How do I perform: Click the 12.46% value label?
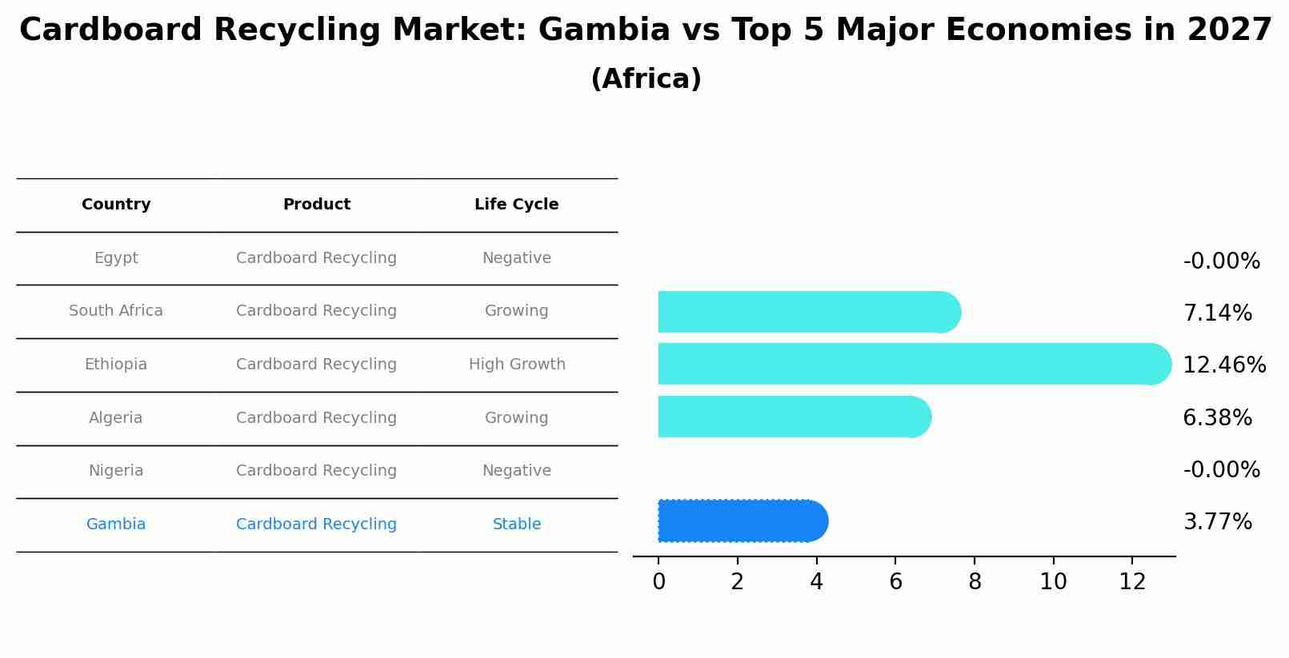click(1223, 365)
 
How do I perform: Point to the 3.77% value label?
click(1217, 522)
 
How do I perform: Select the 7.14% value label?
click(1217, 313)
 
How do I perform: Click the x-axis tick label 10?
click(1053, 582)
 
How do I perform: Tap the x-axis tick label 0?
click(659, 582)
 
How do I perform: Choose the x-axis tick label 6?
click(895, 582)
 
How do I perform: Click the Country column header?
click(116, 205)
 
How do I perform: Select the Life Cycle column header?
click(516, 205)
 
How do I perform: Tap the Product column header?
click(316, 205)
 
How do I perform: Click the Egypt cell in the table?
click(116, 258)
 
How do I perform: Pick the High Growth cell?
click(517, 365)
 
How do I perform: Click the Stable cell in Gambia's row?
click(517, 524)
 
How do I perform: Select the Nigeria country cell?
click(116, 471)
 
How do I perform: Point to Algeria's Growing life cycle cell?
click(516, 418)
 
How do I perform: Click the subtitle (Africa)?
click(646, 79)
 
